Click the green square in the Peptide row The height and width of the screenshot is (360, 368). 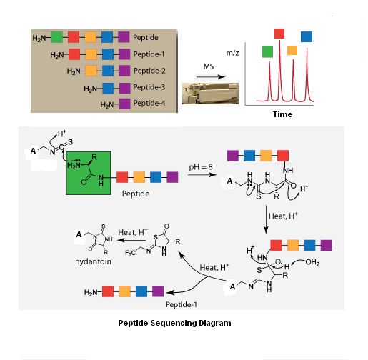click(x=56, y=37)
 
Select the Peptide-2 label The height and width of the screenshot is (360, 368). click(x=149, y=71)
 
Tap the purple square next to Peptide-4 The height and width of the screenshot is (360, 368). click(x=124, y=104)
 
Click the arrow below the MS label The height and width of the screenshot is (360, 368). click(x=211, y=76)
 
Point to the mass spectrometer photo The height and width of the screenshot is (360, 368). click(x=210, y=94)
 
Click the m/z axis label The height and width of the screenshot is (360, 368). click(x=232, y=53)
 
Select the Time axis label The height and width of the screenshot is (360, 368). click(x=282, y=114)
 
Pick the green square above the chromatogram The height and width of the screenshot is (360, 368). click(x=267, y=51)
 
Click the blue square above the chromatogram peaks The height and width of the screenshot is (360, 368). click(x=307, y=36)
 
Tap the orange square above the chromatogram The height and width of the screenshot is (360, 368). click(x=292, y=50)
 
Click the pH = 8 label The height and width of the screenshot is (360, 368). click(x=201, y=167)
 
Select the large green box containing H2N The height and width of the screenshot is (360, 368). click(x=89, y=173)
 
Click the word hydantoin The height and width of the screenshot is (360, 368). click(x=93, y=261)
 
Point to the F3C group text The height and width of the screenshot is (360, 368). click(x=131, y=253)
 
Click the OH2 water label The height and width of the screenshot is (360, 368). click(x=312, y=262)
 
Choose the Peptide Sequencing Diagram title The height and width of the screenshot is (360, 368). click(x=174, y=323)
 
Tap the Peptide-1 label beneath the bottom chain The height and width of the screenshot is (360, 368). click(x=181, y=304)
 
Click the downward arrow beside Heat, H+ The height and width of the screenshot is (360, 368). click(x=266, y=219)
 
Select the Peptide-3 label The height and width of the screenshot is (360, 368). click(x=149, y=87)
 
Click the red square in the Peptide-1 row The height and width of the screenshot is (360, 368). click(x=74, y=54)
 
